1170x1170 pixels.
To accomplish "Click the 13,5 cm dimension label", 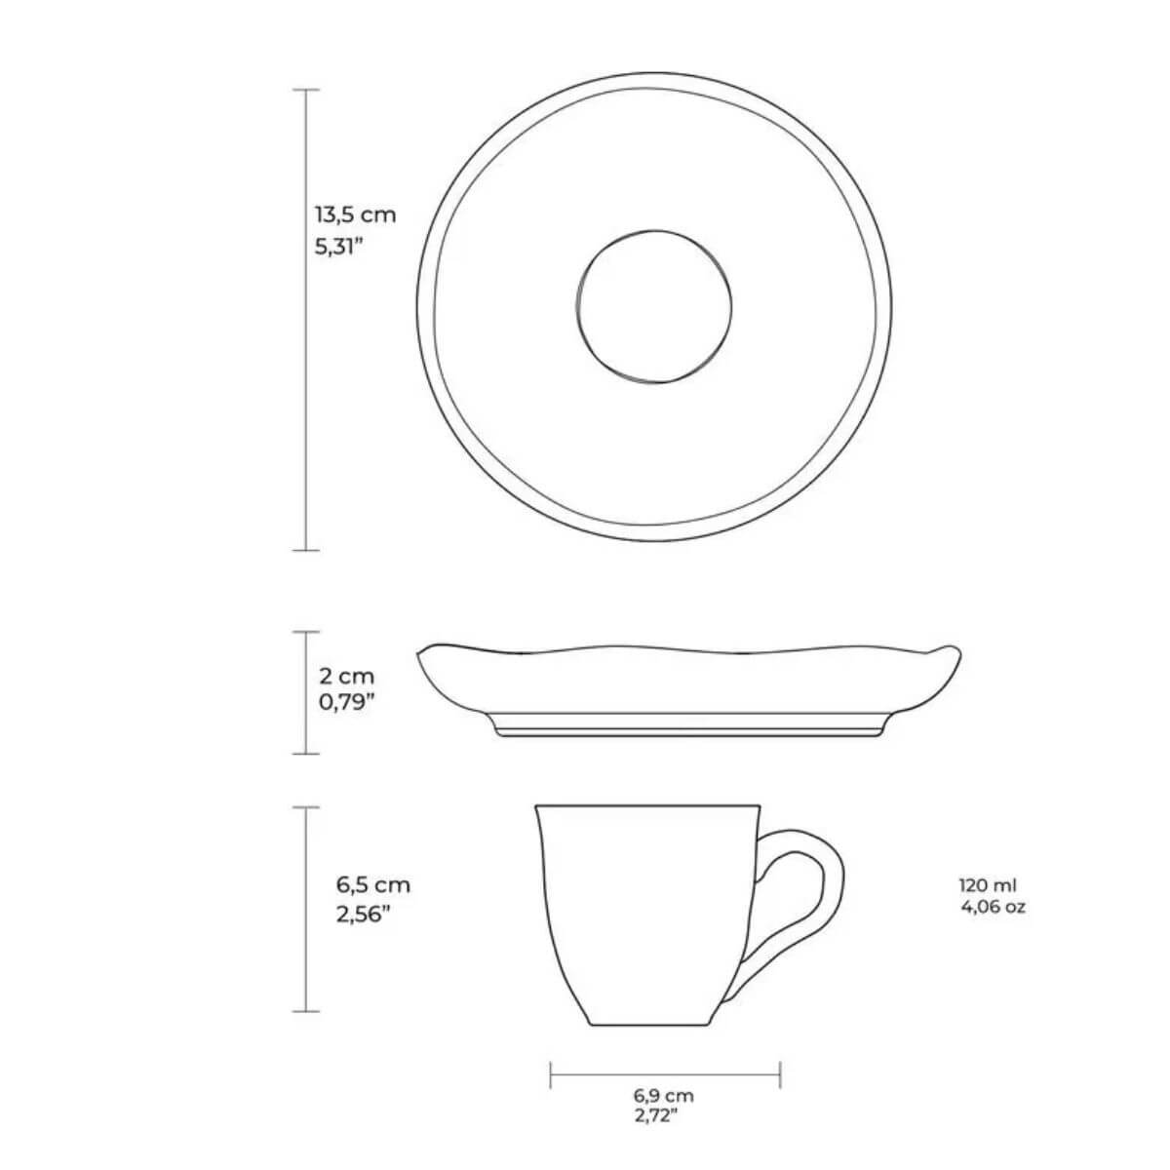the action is click(x=355, y=214).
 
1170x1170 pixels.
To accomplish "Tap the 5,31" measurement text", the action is click(x=338, y=247).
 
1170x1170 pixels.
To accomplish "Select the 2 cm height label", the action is click(x=347, y=676).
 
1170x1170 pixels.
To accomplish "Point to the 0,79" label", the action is click(x=345, y=702).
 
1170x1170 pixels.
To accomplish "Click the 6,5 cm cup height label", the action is click(x=372, y=884).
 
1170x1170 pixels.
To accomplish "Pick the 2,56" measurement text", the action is click(x=363, y=915).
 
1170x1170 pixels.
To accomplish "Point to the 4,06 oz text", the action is click(x=994, y=908).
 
